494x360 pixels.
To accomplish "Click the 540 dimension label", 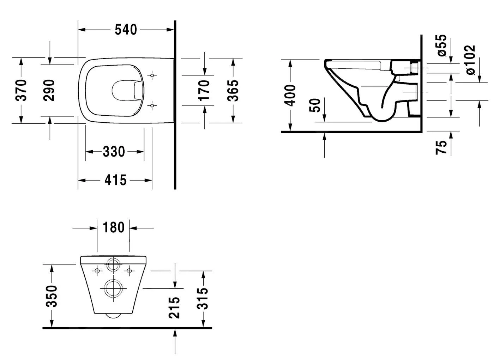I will point(126,30).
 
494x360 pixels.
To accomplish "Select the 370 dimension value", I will point(22,90).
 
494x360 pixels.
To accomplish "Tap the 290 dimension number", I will point(50,90).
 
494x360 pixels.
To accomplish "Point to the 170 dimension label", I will point(204,90).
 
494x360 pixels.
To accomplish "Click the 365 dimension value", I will point(233,90).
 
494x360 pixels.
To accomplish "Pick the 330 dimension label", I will point(114,152).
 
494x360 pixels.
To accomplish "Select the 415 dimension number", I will point(115,180).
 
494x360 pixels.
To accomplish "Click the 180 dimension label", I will point(113,227).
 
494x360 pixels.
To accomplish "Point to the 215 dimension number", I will point(174,307).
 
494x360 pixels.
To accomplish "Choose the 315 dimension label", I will point(203,298).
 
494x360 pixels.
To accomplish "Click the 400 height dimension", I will point(290,95).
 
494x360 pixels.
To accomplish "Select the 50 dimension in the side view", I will point(316,105).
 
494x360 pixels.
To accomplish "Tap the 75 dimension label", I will point(441,147).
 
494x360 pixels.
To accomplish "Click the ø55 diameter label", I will point(441,45).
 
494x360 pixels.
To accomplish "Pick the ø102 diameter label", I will point(470,60).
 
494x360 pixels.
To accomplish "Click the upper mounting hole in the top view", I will point(152,75).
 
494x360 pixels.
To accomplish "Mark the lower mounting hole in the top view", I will point(152,105).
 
